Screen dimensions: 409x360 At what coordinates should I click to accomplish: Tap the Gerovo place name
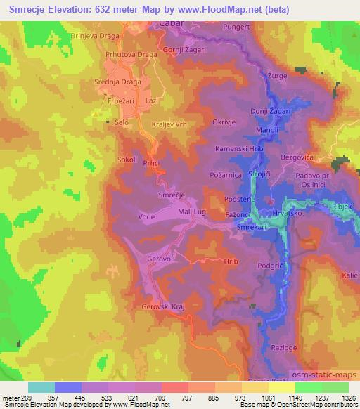pos(158,259)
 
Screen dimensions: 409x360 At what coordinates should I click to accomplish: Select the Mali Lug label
pos(191,210)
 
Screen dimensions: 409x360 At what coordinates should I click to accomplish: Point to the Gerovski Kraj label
pos(162,306)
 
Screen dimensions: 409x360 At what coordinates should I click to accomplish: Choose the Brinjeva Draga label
pos(97,34)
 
